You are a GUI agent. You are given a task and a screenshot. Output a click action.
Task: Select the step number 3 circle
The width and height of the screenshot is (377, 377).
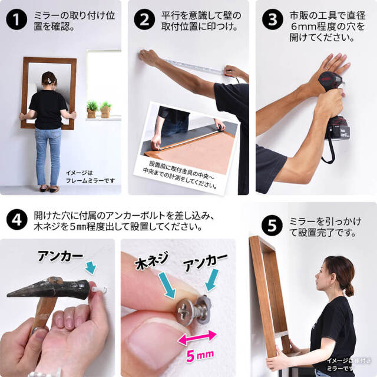coord(272,21)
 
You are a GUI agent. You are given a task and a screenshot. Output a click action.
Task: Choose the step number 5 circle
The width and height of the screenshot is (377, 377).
coord(272,225)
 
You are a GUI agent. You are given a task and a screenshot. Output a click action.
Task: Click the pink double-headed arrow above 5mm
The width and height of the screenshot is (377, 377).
coord(194,337)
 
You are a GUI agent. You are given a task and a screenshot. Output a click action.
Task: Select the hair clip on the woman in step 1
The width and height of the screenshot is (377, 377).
coord(52,80)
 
